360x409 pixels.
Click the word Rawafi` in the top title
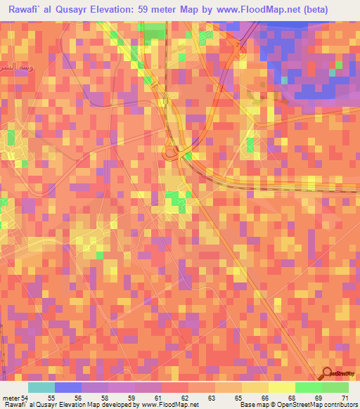point(27,11)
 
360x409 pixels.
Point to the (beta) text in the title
point(334,11)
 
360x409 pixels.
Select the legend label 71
point(345,378)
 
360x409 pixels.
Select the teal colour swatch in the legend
point(41,388)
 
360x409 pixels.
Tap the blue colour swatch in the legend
point(68,388)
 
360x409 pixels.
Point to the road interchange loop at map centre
point(171,150)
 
